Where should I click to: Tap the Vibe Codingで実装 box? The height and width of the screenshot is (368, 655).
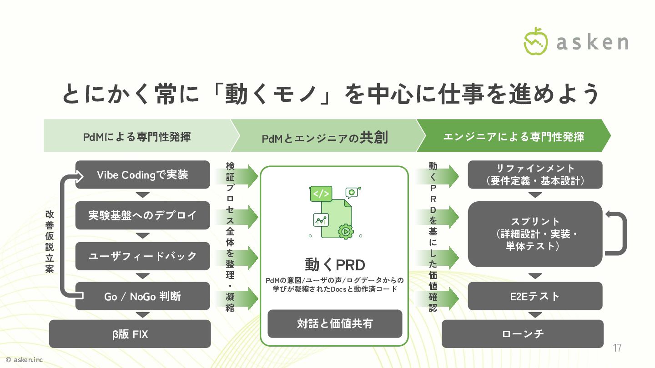point(142,174)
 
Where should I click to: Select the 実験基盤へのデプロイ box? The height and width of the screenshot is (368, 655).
point(142,215)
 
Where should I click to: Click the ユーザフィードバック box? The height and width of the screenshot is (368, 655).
point(142,256)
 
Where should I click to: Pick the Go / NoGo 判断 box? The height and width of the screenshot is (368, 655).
point(142,296)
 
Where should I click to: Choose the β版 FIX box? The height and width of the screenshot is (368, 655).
point(130,334)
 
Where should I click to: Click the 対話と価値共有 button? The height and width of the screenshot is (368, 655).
point(335,323)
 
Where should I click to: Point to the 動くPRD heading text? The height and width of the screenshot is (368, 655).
point(335,264)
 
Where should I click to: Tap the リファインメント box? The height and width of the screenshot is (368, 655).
point(535,174)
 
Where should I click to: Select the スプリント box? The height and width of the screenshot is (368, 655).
point(535,234)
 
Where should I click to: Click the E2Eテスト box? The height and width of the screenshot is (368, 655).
point(535,296)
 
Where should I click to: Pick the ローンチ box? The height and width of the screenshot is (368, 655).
point(523,334)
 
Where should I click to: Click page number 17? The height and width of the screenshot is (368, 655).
point(617,348)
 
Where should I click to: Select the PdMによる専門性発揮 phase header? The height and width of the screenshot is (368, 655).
point(136,136)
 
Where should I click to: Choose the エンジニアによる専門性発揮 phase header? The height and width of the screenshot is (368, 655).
point(514,136)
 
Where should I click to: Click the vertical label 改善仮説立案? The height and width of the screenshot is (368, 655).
point(50,241)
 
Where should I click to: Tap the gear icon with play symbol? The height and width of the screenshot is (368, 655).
point(346,231)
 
